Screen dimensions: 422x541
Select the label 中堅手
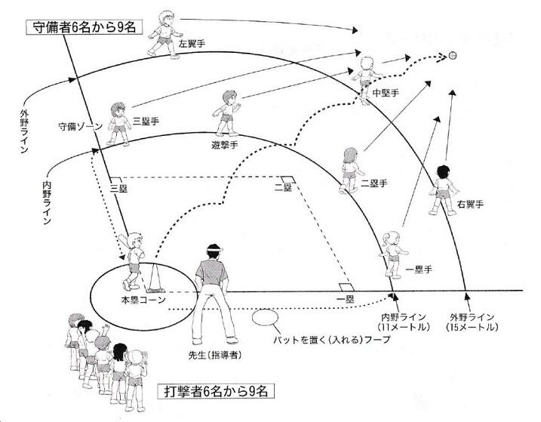[x=386, y=94]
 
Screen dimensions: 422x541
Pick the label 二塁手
[x=374, y=183]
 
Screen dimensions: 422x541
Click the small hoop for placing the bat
[x=269, y=318]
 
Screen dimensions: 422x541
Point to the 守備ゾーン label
[x=80, y=128]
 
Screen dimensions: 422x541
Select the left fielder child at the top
[x=163, y=31]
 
